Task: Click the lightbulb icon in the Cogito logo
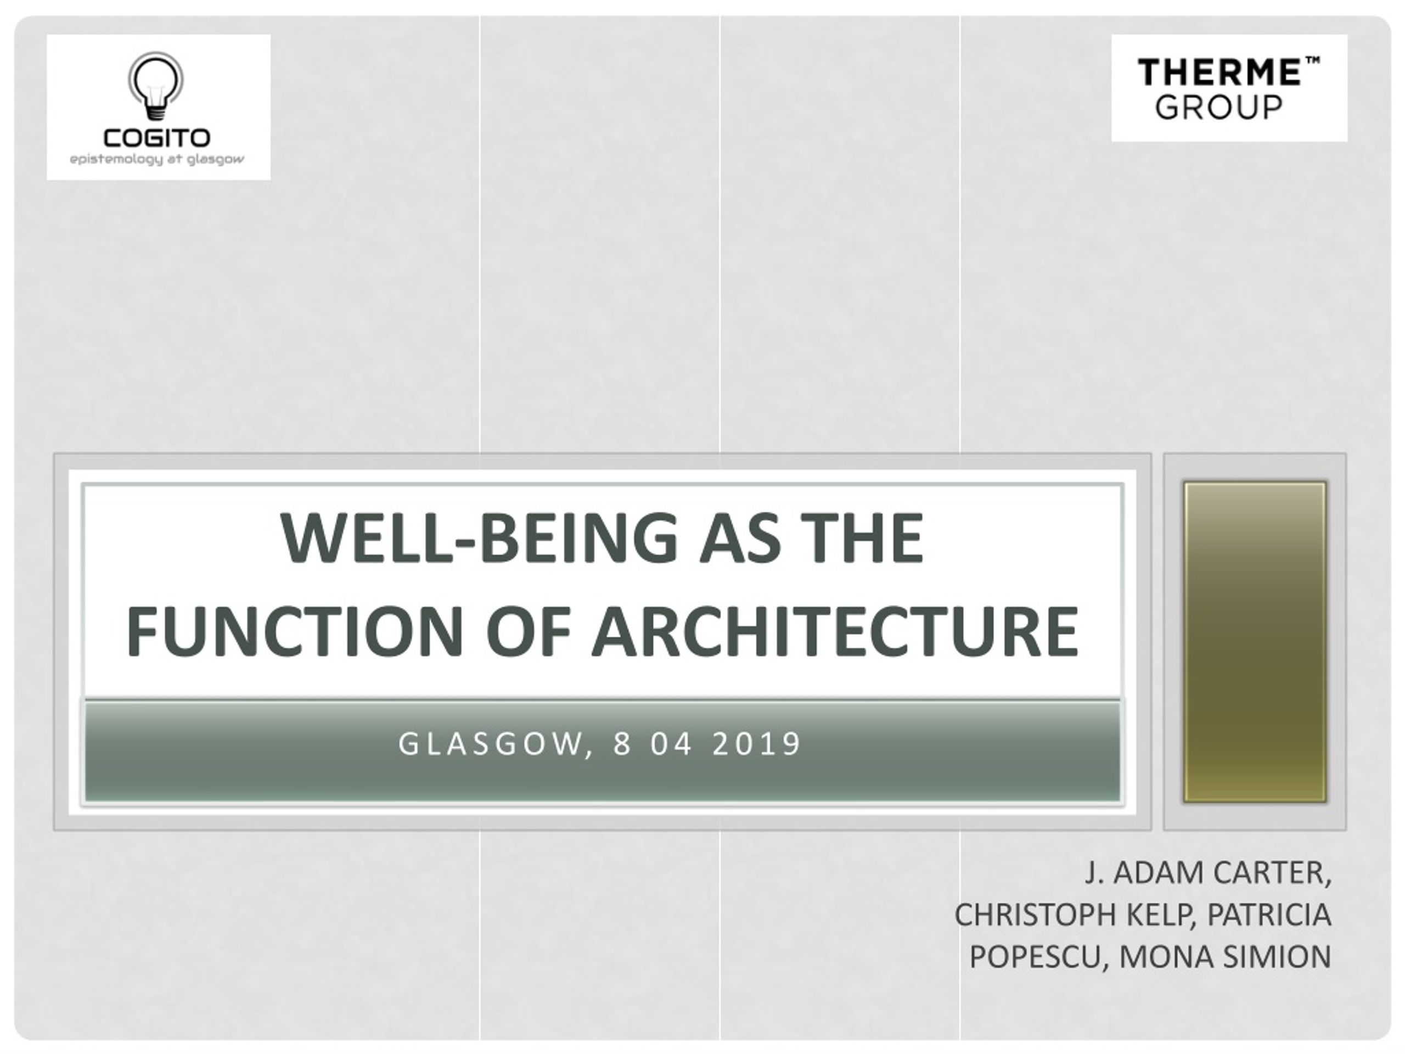click(156, 86)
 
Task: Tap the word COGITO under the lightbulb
click(157, 138)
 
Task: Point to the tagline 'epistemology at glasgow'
click(157, 159)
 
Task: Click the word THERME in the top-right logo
click(1218, 72)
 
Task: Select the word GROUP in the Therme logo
click(1219, 108)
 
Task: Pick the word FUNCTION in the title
click(295, 631)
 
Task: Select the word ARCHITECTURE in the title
click(835, 631)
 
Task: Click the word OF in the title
click(528, 631)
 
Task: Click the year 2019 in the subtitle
click(756, 744)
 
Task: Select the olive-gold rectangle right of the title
click(1255, 642)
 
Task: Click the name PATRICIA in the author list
click(1269, 915)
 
